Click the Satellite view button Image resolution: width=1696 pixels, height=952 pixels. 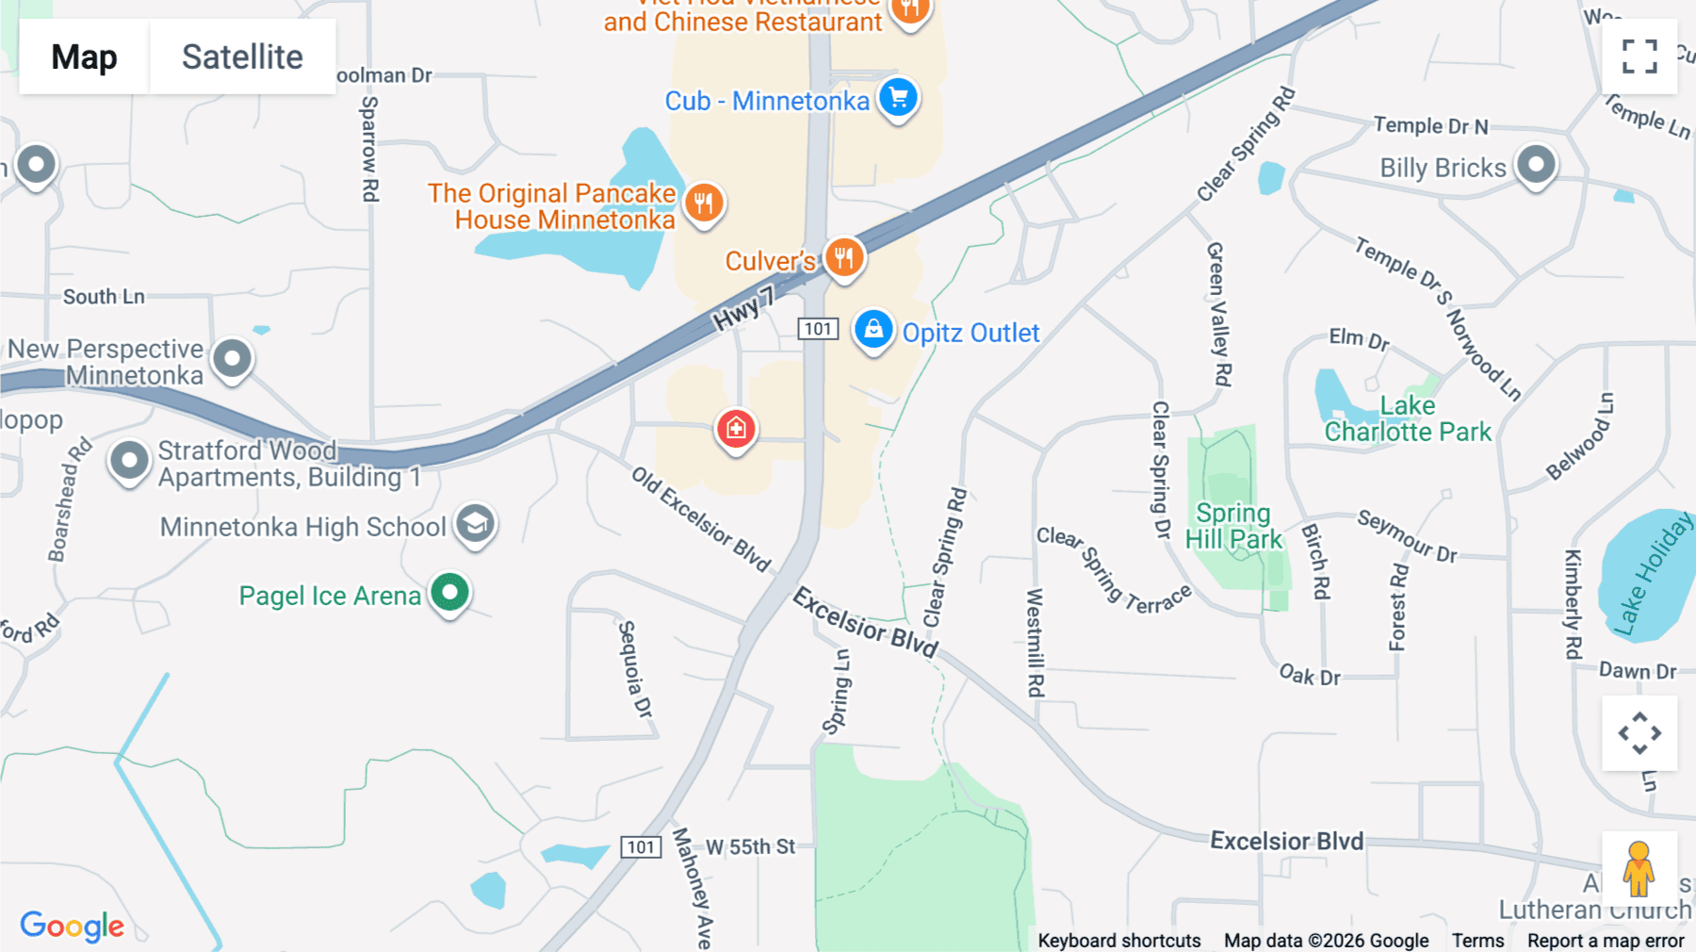242,57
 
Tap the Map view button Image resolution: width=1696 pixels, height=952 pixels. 84,57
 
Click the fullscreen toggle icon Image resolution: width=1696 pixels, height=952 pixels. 1639,57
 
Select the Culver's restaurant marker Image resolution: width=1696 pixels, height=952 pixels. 843,257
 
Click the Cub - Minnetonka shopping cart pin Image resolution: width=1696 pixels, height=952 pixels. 898,98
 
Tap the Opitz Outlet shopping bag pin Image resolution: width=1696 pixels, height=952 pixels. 873,331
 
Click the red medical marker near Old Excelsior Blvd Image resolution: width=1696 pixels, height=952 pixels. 736,429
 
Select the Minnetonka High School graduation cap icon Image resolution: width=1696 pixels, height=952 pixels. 476,523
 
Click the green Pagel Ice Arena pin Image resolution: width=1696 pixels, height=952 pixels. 450,594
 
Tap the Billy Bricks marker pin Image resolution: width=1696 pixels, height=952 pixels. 1536,166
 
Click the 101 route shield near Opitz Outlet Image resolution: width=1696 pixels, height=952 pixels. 818,329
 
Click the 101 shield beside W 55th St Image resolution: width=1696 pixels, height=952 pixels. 641,846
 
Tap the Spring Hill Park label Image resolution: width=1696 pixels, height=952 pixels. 1233,526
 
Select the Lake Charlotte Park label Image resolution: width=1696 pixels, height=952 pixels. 1408,419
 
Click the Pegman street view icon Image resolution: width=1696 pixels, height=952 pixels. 1639,868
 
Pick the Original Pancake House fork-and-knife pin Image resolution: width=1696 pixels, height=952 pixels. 704,203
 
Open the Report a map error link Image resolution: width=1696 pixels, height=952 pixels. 1606,940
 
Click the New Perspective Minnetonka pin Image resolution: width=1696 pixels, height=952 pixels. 232,359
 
